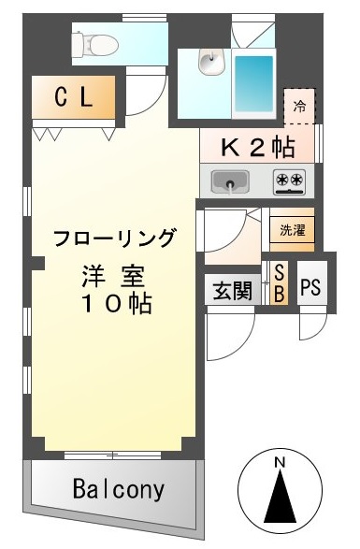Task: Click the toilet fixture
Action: [94, 45]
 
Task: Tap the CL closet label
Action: [74, 97]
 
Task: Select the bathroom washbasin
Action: [211, 62]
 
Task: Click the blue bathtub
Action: [254, 83]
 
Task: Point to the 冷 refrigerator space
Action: [299, 106]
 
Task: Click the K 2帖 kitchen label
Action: [257, 147]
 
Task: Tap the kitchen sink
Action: [230, 181]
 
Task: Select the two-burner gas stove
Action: [289, 181]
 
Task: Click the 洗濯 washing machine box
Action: [293, 230]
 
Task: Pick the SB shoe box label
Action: [279, 283]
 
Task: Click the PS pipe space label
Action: [310, 287]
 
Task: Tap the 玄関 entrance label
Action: [233, 290]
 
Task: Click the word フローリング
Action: [114, 238]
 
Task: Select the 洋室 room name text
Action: [113, 277]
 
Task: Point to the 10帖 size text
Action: [117, 303]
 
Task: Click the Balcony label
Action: [119, 489]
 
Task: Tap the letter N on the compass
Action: [280, 463]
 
